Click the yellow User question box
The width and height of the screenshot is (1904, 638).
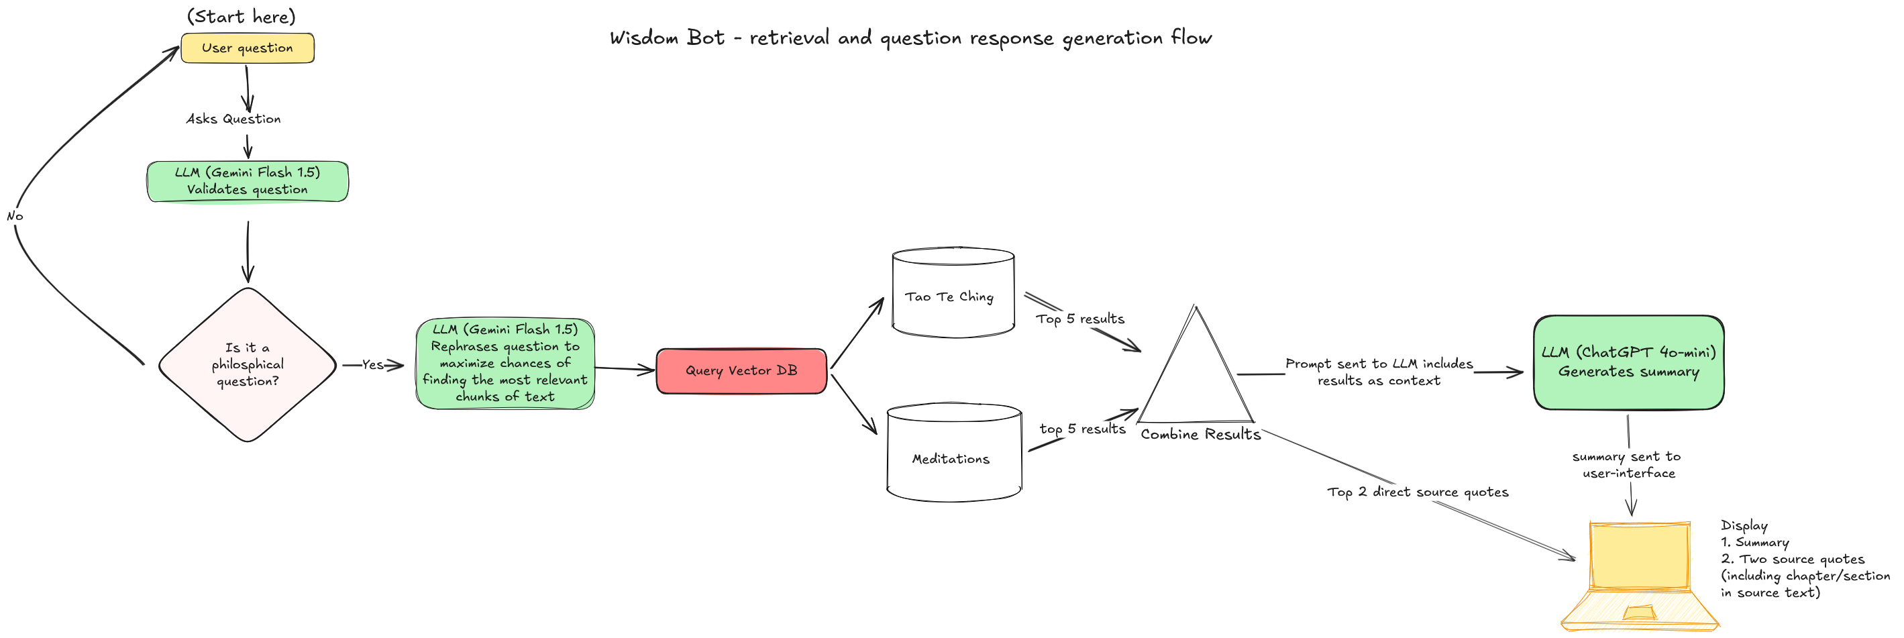tap(247, 48)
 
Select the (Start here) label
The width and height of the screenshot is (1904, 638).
tap(241, 16)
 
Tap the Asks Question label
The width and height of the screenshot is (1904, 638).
tap(233, 119)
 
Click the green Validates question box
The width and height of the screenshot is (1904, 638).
tap(248, 181)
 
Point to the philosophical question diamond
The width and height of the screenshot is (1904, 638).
tap(248, 364)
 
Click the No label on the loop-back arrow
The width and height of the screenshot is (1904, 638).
tap(15, 217)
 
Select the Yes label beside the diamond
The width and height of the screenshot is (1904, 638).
tap(372, 364)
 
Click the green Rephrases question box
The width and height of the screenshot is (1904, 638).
tap(505, 363)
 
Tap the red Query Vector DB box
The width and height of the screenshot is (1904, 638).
tap(741, 370)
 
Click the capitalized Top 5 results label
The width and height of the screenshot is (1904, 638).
tap(1080, 319)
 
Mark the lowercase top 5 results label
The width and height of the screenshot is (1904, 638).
tap(1082, 429)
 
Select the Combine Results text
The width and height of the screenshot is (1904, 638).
tap(1200, 435)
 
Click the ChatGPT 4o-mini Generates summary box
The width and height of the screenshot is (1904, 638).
tap(1628, 362)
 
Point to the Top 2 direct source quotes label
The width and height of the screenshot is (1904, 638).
tap(1417, 492)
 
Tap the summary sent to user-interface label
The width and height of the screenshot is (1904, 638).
tap(1628, 465)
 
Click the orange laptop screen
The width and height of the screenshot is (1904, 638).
tap(1640, 555)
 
